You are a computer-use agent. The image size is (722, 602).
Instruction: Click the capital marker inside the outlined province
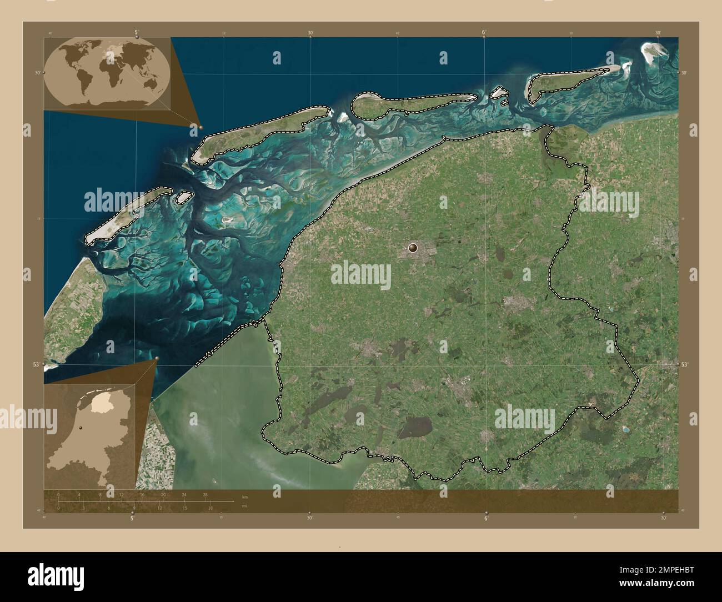(x=413, y=248)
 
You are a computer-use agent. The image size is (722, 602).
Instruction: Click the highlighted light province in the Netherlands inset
(x=100, y=403)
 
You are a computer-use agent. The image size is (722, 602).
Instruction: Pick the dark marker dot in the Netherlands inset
(x=81, y=428)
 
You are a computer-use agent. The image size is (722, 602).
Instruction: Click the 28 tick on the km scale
(x=205, y=494)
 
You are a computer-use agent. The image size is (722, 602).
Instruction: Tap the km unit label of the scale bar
(x=244, y=496)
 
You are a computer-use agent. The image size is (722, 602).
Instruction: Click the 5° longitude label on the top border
(x=137, y=32)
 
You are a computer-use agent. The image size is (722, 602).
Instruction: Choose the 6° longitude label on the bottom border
(x=486, y=518)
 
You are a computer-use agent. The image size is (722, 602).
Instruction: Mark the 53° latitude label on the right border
(x=685, y=364)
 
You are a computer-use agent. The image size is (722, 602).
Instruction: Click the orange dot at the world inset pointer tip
(x=200, y=127)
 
